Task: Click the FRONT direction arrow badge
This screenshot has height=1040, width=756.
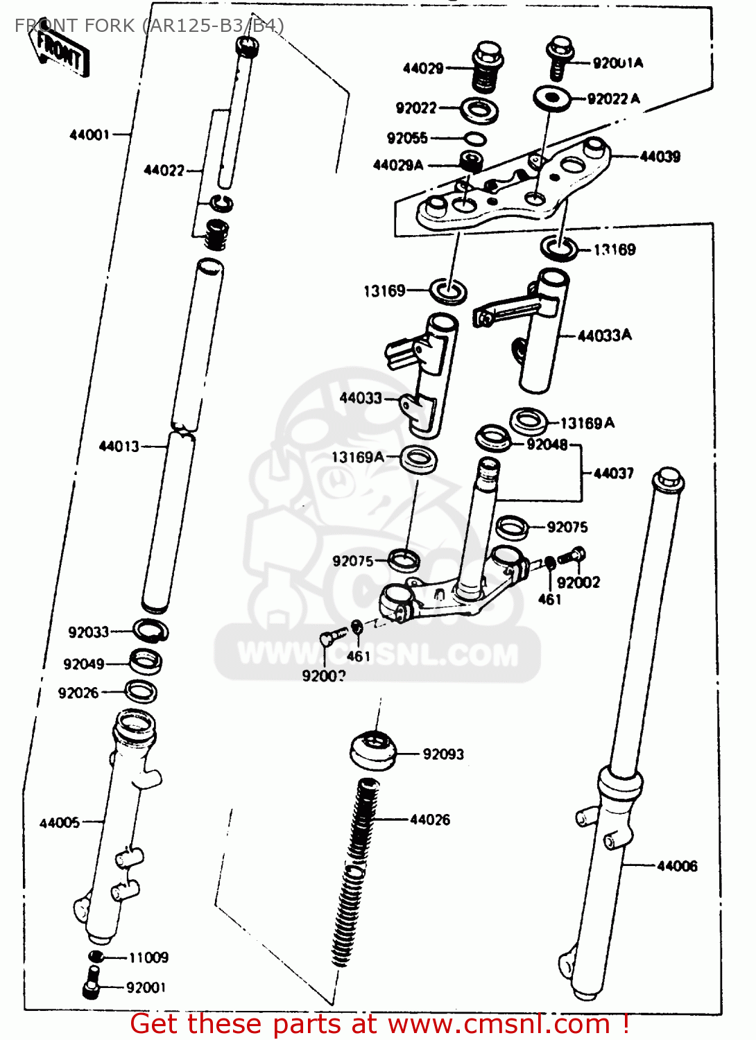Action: coord(60,51)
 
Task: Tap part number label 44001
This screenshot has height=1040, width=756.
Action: coord(89,135)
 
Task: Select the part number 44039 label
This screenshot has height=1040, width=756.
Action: coord(660,157)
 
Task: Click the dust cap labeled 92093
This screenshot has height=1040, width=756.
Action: coord(372,751)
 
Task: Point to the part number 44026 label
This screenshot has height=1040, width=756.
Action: coord(430,820)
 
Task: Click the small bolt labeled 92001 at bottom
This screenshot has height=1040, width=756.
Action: coord(91,989)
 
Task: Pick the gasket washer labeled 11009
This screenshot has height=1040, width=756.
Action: coord(96,957)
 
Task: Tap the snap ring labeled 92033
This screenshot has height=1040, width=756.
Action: coord(151,631)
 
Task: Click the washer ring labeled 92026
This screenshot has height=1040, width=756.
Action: coord(141,691)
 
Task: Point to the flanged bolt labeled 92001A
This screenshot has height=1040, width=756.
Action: coord(559,55)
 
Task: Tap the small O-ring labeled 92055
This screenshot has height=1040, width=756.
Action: coord(474,139)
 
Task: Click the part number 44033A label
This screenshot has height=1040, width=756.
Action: coord(604,336)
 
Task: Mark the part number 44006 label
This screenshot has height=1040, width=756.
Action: coord(677,866)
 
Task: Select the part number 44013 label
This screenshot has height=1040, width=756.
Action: coord(119,447)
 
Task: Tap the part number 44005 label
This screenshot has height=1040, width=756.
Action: coord(60,823)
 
